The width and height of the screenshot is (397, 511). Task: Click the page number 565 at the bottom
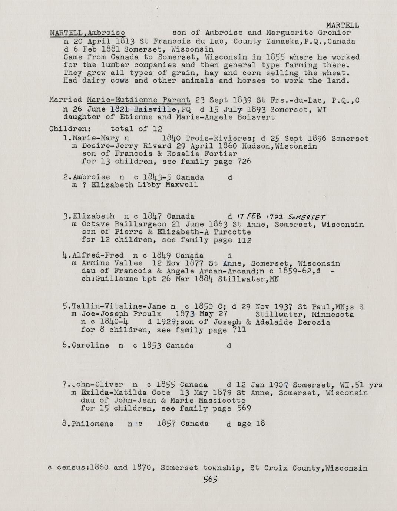click(x=210, y=480)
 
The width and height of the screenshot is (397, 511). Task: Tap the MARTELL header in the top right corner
click(x=343, y=26)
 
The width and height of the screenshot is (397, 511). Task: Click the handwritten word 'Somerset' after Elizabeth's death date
click(x=309, y=216)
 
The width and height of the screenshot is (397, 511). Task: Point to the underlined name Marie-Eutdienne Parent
click(x=138, y=100)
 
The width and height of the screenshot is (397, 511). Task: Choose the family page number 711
click(x=239, y=330)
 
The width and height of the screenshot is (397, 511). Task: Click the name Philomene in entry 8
click(x=93, y=424)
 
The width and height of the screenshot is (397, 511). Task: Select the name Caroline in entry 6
click(x=91, y=346)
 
